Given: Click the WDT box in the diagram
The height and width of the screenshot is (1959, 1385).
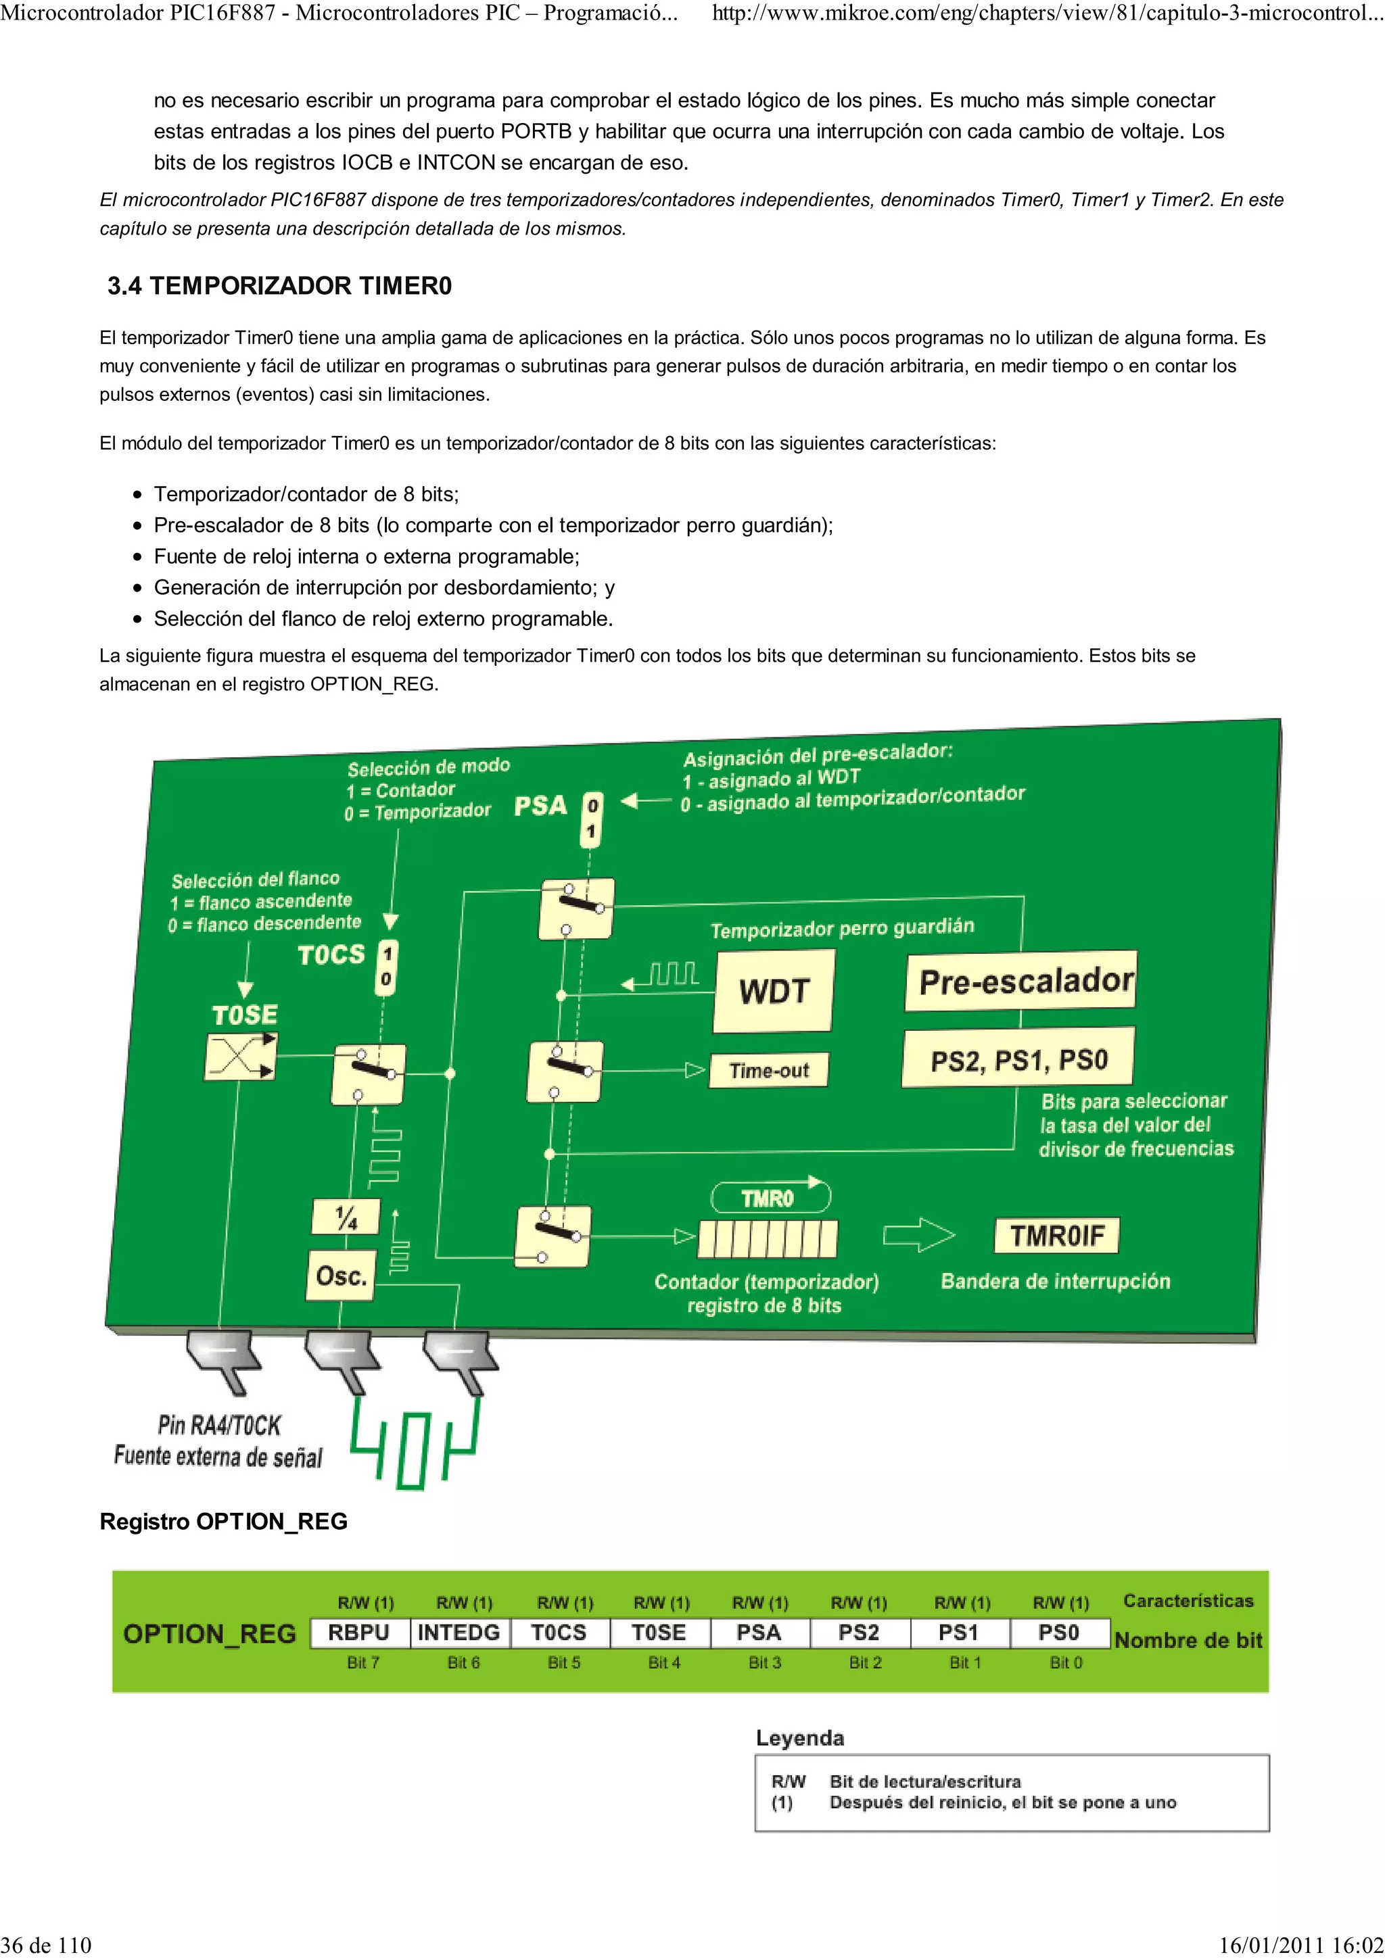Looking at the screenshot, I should coord(773,990).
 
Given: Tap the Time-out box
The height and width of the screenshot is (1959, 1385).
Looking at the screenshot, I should coord(769,1070).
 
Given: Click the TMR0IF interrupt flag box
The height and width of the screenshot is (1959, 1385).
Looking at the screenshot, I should coord(1056,1236).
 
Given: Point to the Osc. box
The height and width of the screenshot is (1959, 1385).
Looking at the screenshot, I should coord(342,1276).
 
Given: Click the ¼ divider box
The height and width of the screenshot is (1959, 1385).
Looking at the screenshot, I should coord(346,1217).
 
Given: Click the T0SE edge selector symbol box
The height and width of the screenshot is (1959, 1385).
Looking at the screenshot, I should coord(241,1057).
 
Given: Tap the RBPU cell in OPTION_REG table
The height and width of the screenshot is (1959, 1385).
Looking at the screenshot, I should coord(359,1633).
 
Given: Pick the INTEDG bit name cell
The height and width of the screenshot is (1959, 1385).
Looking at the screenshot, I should coord(459,1633).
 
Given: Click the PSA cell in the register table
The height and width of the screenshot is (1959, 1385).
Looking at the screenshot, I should coord(759,1633).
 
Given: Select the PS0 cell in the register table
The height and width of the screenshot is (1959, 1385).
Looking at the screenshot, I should coord(1059,1633).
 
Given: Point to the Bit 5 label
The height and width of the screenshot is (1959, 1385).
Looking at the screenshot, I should coord(563,1662).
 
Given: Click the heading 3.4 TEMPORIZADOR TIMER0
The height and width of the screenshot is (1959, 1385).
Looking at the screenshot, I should coord(279,286).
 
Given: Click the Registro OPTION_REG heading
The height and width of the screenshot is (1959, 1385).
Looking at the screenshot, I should coord(224,1521).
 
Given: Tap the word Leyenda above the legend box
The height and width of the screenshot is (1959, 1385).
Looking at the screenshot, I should coord(799,1738).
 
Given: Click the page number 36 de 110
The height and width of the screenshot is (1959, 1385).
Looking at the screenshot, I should coord(46,1945).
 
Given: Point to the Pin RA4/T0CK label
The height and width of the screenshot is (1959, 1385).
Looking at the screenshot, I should coord(219,1425).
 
